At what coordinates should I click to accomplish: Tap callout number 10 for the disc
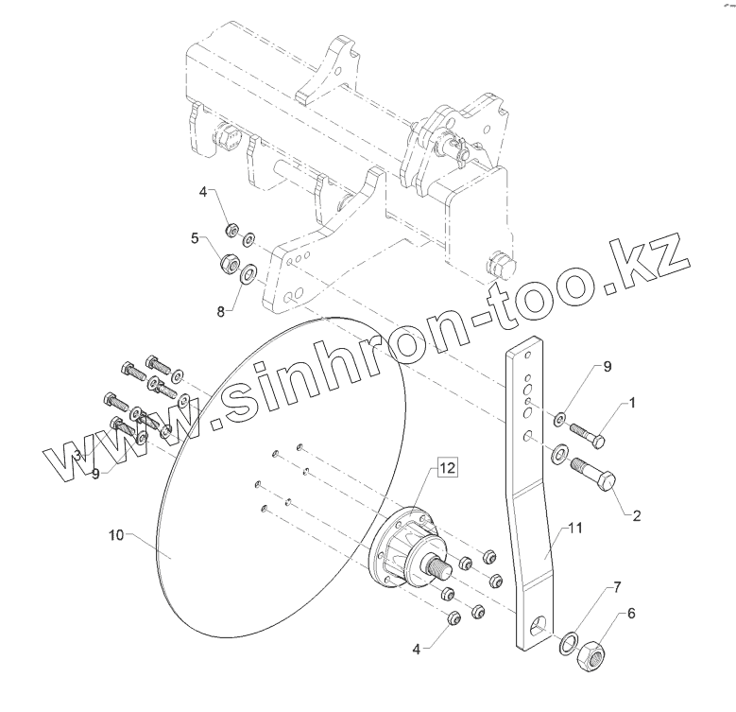[x=116, y=536]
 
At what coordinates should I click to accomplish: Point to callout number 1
[x=631, y=402]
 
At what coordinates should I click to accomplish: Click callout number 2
[x=636, y=516]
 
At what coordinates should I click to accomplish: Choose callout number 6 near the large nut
[x=631, y=613]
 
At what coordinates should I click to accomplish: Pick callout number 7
[x=617, y=588]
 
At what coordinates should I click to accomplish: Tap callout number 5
[x=196, y=239]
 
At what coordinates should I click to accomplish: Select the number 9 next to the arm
[x=582, y=366]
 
